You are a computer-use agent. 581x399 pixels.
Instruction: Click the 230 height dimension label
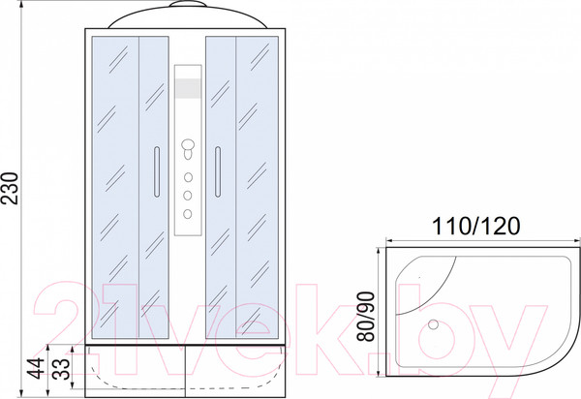coord(11,188)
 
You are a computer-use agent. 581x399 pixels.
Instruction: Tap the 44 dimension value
coord(37,369)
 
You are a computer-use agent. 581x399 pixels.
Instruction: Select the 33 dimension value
coord(62,369)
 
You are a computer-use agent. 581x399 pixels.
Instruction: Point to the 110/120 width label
coord(476,226)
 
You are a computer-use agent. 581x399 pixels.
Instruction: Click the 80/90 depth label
coord(366,317)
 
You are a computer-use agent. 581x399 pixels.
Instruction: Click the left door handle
coord(157,171)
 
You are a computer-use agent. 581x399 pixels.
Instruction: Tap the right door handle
coord(218,171)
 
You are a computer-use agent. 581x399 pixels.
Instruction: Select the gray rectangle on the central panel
coord(188,88)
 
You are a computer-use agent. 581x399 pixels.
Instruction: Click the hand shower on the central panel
coord(188,148)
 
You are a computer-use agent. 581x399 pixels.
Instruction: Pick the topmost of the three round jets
coord(188,177)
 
